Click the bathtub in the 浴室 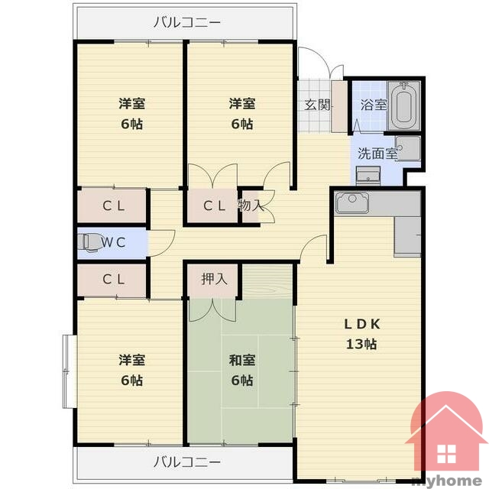coord(403,105)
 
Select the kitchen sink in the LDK coord(351,202)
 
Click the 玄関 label coord(317,105)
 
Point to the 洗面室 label coord(377,153)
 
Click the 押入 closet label coord(214,278)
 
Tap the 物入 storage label coord(251,206)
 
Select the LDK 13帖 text coord(361,334)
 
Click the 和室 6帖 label coord(242,370)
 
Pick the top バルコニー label coord(187,22)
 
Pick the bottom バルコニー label coord(187,461)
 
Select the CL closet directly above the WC coord(112,206)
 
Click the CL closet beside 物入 coord(212,206)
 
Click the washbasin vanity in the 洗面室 coord(368,176)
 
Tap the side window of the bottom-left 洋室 coord(70,371)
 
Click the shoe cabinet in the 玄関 coord(339,107)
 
